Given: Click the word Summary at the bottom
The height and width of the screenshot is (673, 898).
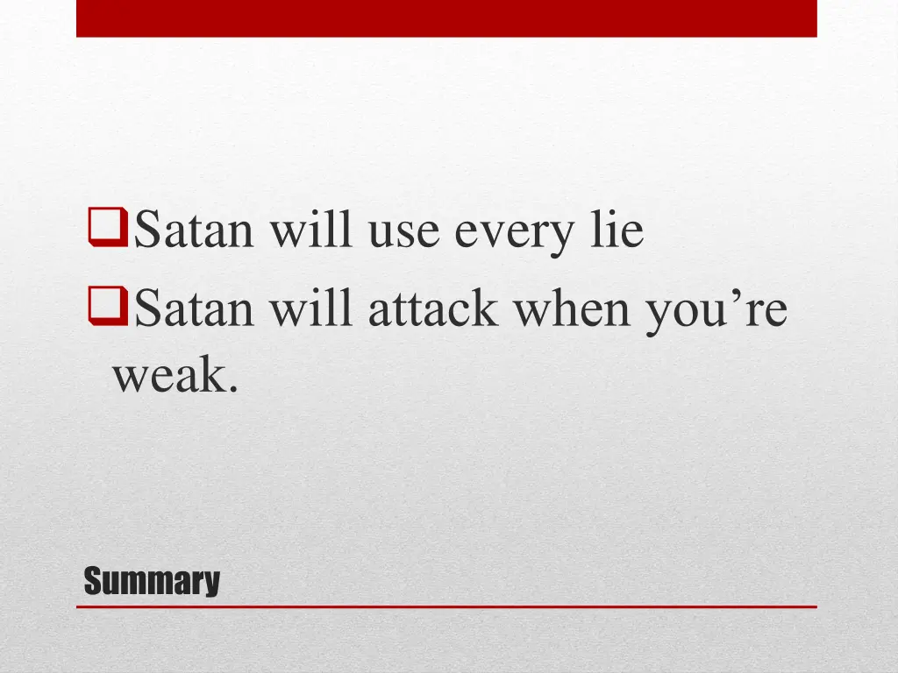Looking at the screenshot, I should point(152,581).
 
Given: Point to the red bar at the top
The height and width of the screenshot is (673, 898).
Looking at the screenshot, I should point(446,18).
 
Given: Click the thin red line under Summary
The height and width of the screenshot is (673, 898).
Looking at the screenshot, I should point(446,606).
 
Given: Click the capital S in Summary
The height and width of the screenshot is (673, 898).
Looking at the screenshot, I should point(92,581).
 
